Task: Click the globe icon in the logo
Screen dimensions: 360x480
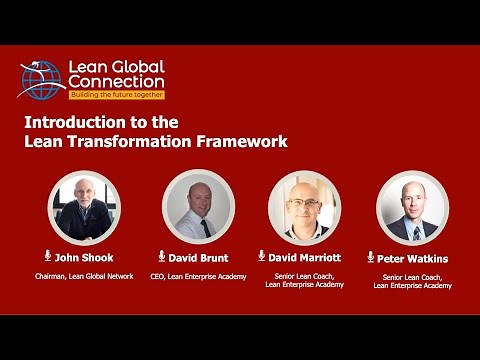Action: [41, 78]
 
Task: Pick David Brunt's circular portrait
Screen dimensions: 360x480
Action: [197, 207]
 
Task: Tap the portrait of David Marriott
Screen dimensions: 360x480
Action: [304, 207]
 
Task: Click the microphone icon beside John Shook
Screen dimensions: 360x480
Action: [47, 256]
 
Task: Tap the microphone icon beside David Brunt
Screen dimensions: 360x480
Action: [161, 256]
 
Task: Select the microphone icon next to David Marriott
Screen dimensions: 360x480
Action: [262, 256]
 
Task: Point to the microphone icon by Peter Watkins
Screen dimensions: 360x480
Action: [371, 257]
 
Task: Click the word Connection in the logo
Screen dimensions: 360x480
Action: [116, 81]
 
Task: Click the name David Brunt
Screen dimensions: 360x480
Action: [200, 257]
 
